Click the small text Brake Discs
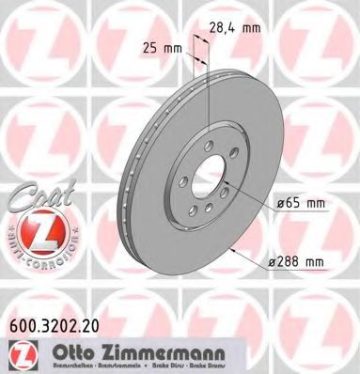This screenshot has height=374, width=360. (169, 366)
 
